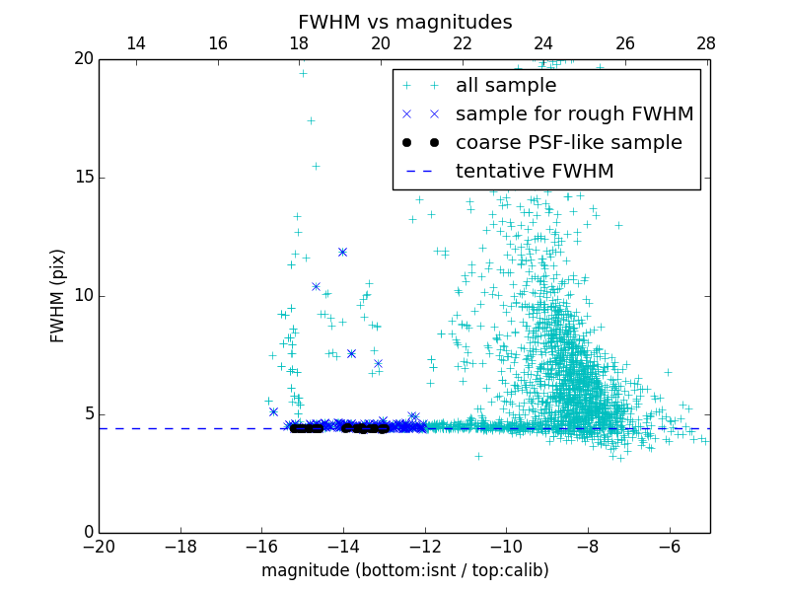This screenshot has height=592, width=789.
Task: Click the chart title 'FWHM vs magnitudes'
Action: point(404,22)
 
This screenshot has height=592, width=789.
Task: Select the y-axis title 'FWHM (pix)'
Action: point(58,295)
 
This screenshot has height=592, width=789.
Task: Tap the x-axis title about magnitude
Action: point(404,570)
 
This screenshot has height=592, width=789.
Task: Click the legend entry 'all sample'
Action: point(505,86)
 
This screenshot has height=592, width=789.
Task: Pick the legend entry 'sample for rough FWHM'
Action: point(574,114)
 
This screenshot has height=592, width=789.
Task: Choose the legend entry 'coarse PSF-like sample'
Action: point(568,143)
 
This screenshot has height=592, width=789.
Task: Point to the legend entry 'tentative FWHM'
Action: point(534,172)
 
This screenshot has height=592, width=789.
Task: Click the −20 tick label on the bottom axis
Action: point(99,547)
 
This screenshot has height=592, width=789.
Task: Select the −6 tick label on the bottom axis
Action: point(669,547)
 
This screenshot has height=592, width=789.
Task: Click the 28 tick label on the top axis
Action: point(706,43)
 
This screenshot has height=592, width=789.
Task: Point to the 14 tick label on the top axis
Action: point(136,43)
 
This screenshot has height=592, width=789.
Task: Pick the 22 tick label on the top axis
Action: point(462,43)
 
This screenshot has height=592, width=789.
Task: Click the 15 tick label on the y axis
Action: point(82,178)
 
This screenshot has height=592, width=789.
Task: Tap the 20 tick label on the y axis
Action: point(82,59)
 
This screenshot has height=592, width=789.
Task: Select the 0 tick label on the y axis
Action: point(87,533)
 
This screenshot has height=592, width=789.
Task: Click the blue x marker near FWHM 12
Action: point(342,252)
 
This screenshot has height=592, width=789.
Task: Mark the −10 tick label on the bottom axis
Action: point(506,547)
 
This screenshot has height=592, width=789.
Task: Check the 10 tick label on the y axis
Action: point(82,296)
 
